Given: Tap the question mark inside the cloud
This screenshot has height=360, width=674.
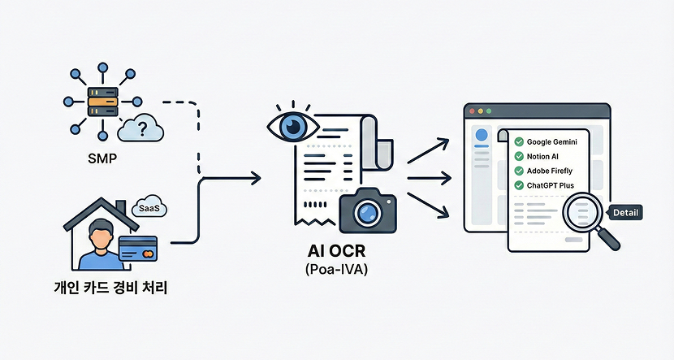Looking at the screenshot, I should tap(144, 128).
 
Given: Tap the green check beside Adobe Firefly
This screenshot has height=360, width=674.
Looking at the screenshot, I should tap(518, 171).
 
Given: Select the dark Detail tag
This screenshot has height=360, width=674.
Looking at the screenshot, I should tap(625, 213).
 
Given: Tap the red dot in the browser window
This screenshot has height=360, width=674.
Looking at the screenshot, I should tap(469, 110).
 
